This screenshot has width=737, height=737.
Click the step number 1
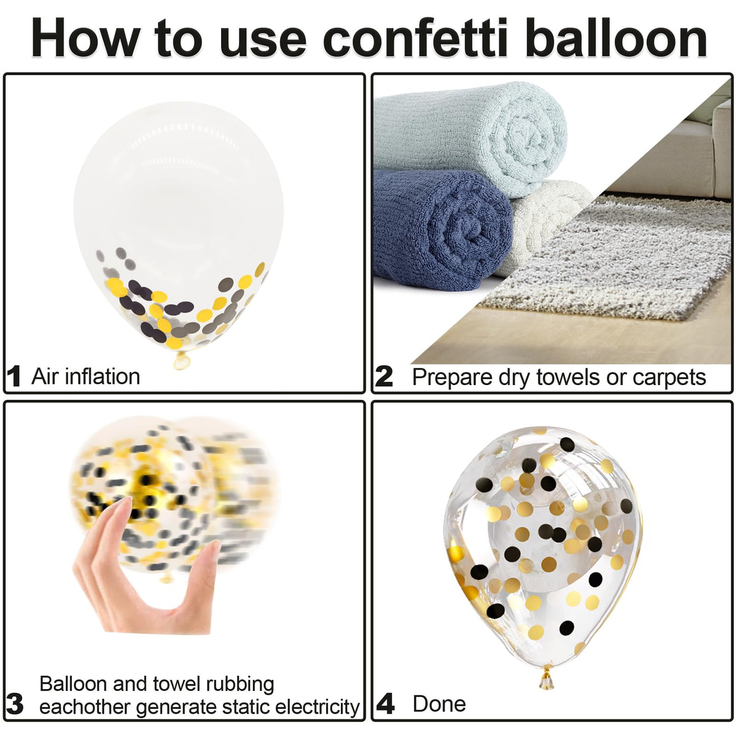click(x=14, y=376)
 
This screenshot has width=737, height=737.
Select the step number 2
click(x=384, y=376)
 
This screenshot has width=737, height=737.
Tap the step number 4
click(x=385, y=704)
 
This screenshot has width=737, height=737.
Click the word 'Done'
click(x=440, y=704)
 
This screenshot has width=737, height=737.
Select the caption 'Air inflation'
click(x=85, y=376)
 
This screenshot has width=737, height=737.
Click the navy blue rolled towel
click(x=442, y=230)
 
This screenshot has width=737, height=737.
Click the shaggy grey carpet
click(x=612, y=260)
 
